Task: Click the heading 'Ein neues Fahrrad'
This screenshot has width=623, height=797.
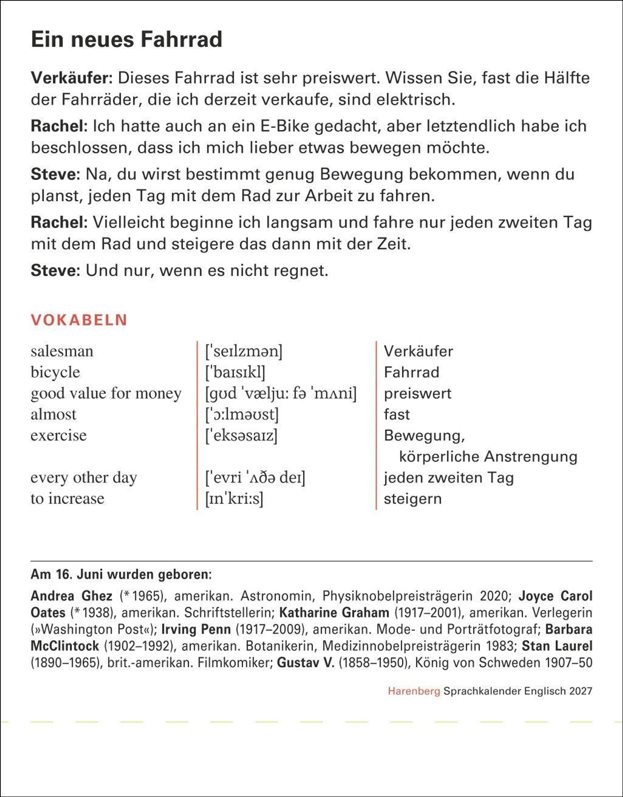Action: click(x=127, y=39)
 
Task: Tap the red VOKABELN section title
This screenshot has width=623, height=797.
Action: click(x=79, y=320)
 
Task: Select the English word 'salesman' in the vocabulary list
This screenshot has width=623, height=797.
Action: click(x=62, y=351)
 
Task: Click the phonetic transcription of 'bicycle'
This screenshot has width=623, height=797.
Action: click(x=235, y=372)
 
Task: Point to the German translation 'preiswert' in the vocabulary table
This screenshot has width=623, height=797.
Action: click(x=418, y=393)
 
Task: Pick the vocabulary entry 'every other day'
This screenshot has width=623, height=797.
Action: click(x=84, y=477)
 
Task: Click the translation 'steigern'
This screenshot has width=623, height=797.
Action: click(x=412, y=499)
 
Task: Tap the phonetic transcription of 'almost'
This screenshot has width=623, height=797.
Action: click(x=242, y=414)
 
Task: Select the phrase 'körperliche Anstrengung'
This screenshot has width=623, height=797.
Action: click(x=488, y=457)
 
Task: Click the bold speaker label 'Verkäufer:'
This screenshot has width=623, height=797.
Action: click(x=72, y=78)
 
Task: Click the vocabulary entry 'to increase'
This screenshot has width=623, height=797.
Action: click(x=67, y=499)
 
